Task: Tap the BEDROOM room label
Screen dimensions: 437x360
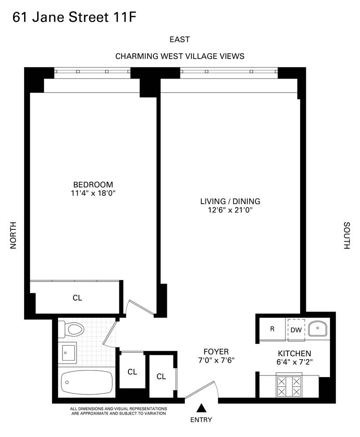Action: point(93,184)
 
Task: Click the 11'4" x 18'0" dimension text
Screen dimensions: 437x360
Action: point(93,193)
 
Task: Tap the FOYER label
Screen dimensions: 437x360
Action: point(216,352)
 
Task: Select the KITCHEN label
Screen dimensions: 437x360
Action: point(294,354)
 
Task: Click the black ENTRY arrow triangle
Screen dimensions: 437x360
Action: point(201,408)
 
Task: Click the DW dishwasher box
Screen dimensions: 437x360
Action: point(296,330)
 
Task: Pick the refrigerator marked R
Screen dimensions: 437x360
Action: point(272,329)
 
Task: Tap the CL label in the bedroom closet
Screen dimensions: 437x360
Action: point(77,298)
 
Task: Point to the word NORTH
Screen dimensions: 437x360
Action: point(13,236)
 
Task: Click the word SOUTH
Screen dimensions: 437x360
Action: point(346,236)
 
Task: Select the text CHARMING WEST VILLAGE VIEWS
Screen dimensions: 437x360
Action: point(180,56)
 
